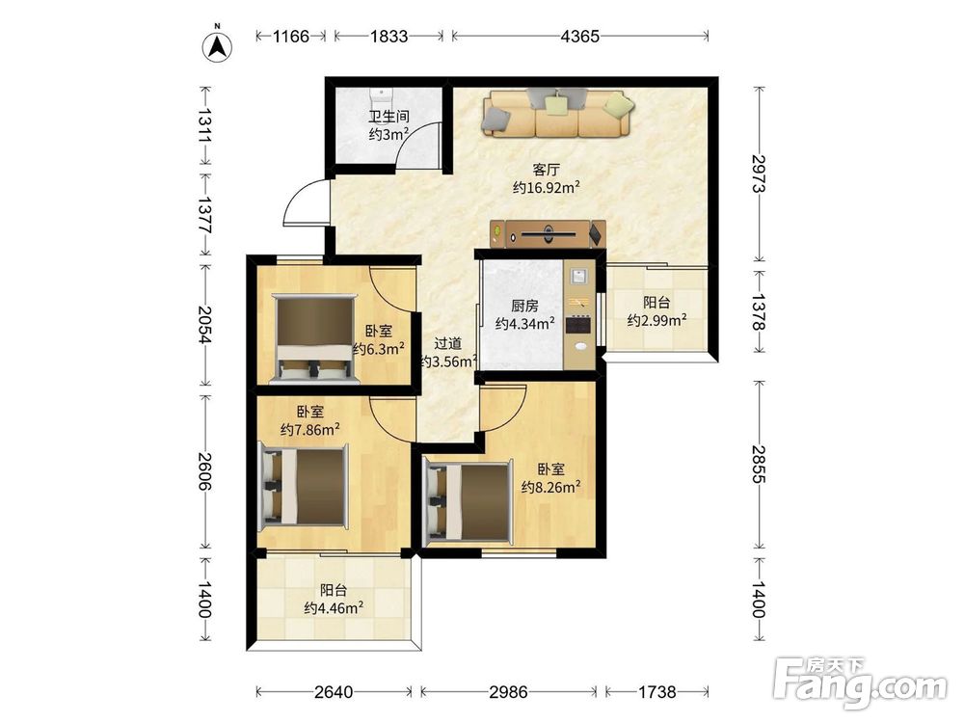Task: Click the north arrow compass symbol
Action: (217, 44)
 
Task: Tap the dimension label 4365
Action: (579, 37)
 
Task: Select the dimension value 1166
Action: (290, 37)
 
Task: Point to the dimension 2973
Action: (760, 173)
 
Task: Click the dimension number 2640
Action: (334, 692)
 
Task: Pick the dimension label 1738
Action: (656, 692)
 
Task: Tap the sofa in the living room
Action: (557, 113)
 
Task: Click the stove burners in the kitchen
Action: (578, 324)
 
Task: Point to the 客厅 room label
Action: (546, 169)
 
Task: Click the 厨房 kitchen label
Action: (524, 306)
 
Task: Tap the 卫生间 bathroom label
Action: (388, 116)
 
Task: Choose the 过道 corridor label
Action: (447, 344)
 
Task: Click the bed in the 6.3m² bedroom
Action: (316, 338)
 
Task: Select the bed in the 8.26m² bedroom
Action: (469, 503)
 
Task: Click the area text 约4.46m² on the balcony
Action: (334, 608)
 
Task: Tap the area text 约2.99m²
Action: (656, 320)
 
